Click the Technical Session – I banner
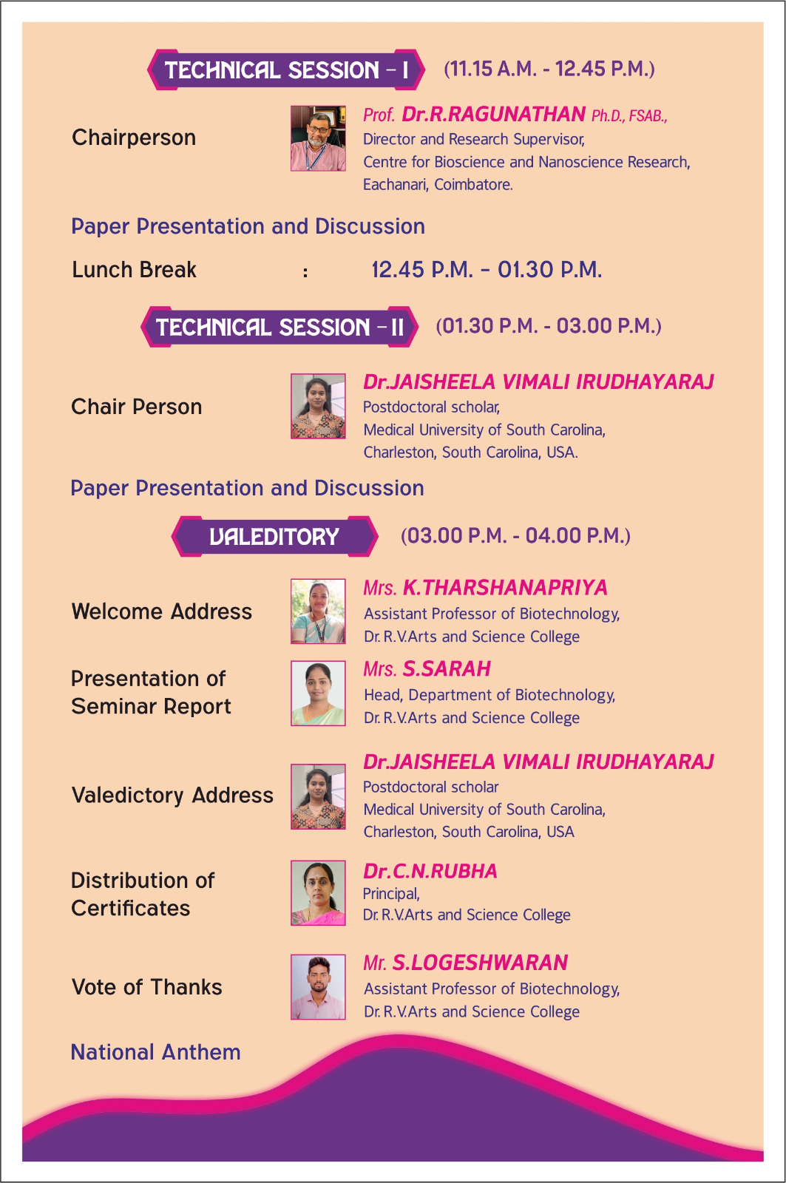click(285, 70)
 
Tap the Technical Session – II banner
click(279, 327)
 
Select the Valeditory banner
click(274, 537)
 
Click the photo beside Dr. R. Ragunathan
click(318, 138)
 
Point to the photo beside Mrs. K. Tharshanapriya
click(318, 611)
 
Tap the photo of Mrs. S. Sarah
click(318, 693)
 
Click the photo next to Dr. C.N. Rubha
click(318, 893)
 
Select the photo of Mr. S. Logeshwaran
click(318, 986)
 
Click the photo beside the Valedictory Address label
click(318, 796)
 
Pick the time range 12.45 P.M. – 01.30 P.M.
click(487, 270)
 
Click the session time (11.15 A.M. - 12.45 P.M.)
click(549, 70)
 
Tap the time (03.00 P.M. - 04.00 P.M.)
click(515, 536)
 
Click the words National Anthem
click(156, 1052)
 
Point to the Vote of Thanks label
click(147, 987)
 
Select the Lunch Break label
click(134, 270)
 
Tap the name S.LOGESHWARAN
click(480, 963)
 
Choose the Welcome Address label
click(162, 611)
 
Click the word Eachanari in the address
click(395, 185)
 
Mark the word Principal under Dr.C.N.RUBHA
click(391, 894)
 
